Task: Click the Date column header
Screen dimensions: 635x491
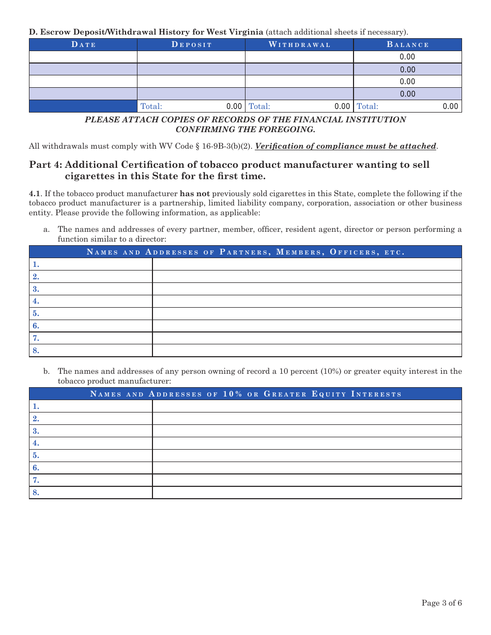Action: coord(83,45)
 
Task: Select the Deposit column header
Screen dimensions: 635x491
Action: coord(191,45)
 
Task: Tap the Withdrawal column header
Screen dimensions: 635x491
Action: coord(299,45)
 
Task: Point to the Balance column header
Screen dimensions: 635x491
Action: coord(407,45)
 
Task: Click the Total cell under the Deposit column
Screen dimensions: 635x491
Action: coord(191,106)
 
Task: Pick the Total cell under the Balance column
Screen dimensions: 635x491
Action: coord(407,106)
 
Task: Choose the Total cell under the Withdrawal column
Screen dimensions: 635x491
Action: coord(299,106)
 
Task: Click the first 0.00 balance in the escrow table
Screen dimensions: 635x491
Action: coord(407,57)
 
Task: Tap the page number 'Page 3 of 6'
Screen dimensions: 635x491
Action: coord(441,603)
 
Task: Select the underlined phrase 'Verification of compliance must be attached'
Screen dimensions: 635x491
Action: coord(345,146)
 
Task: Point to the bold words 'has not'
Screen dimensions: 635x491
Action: coord(194,194)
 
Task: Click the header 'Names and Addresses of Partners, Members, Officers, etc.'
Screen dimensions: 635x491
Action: coord(245,252)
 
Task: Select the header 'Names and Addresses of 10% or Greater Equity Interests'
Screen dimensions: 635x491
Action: coord(245,394)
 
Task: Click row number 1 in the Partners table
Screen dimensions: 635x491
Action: coord(36,264)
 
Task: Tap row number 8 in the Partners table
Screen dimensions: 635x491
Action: coord(36,351)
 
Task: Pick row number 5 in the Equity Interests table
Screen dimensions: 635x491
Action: coord(36,455)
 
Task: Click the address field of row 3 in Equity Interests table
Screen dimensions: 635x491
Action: coord(306,431)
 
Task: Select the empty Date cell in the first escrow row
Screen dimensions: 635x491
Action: coord(83,57)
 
